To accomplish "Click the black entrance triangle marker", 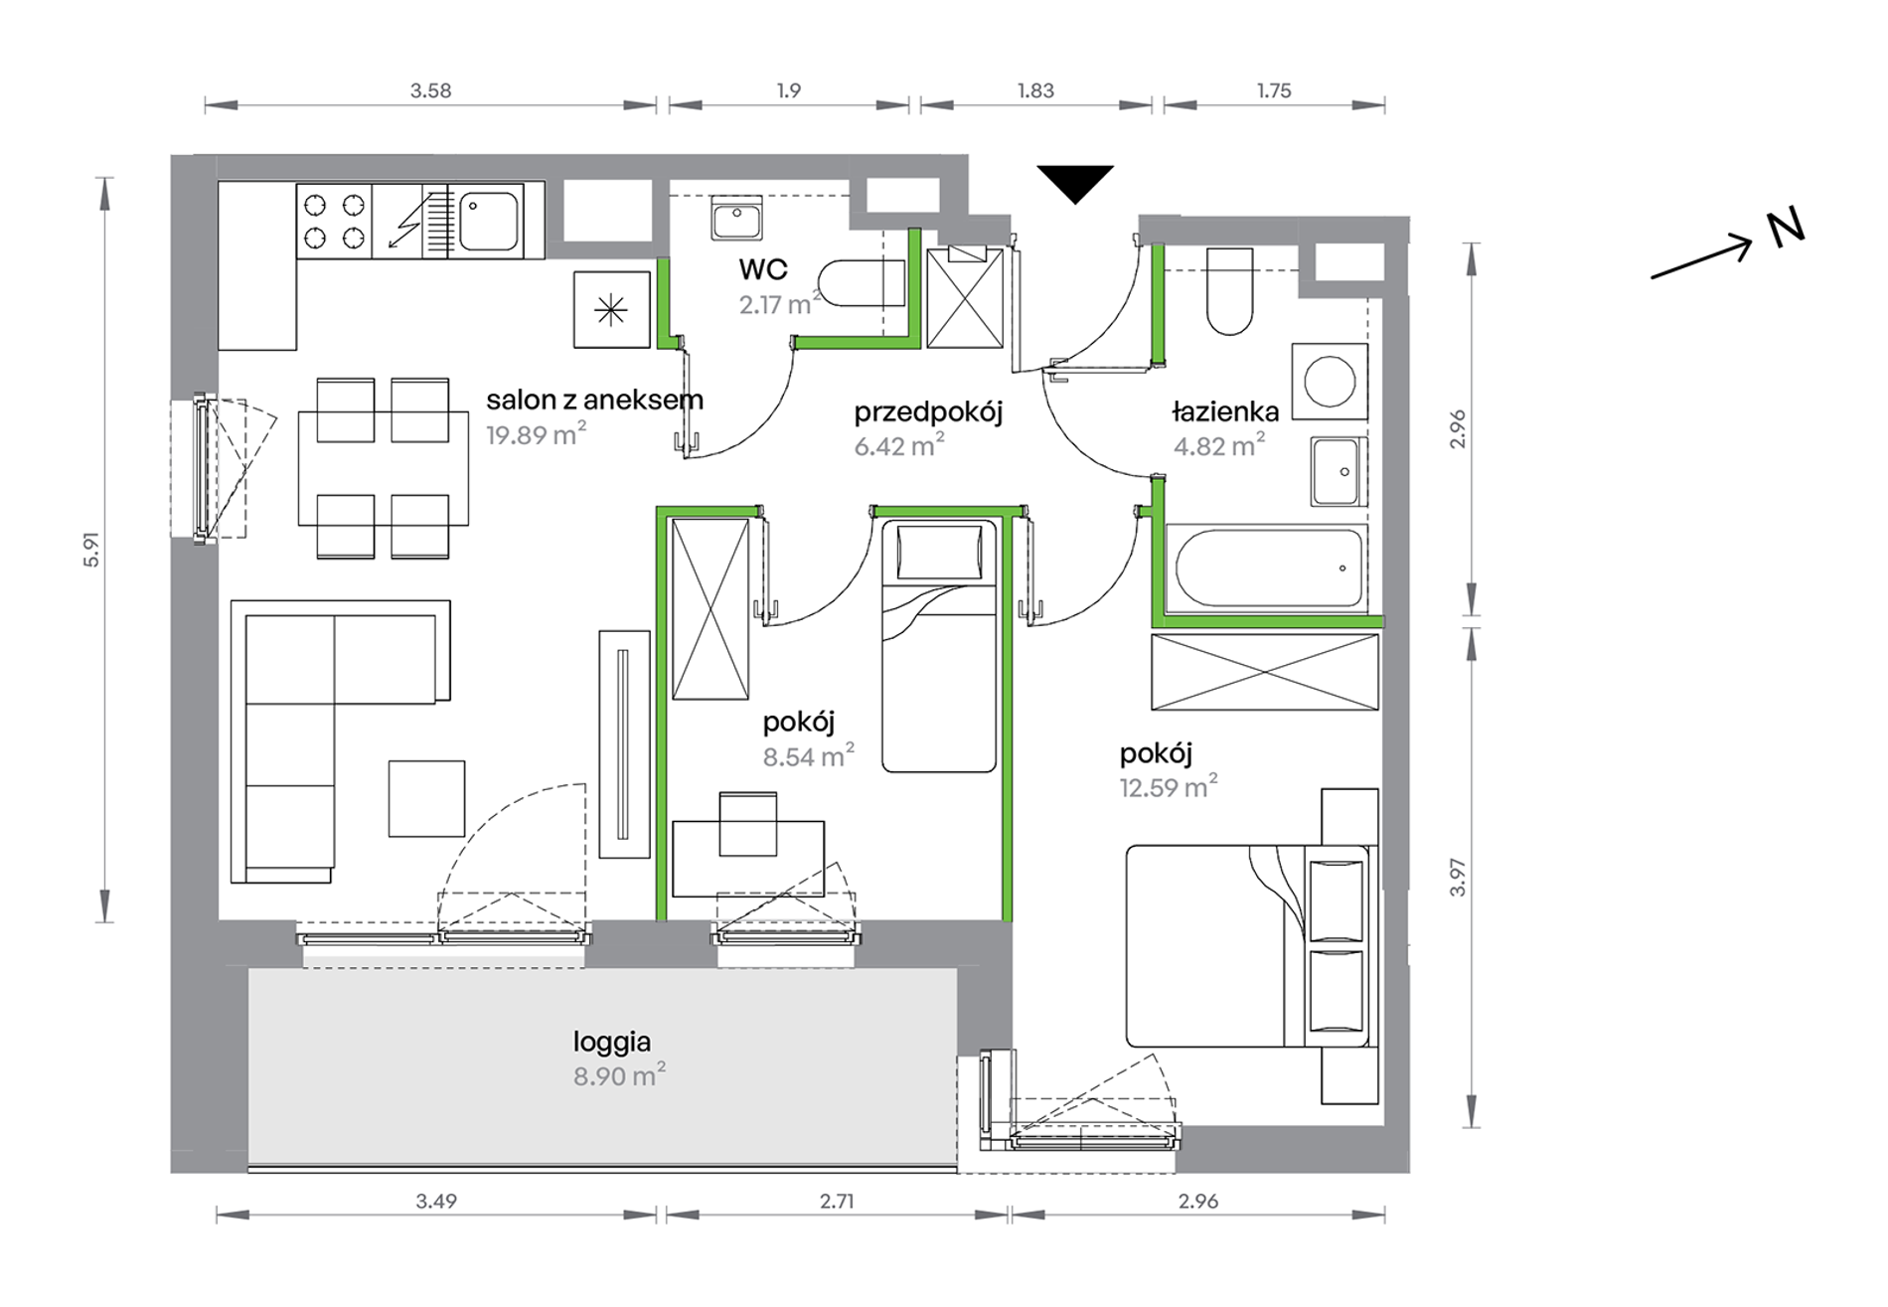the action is pyautogui.click(x=1075, y=182).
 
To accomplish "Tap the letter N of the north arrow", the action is pyautogui.click(x=1785, y=230).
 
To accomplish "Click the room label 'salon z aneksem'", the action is pyautogui.click(x=594, y=400).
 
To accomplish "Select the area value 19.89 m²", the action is pyautogui.click(x=536, y=433).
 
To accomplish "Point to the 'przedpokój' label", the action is pyautogui.click(x=928, y=411).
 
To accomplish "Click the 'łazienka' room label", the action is pyautogui.click(x=1225, y=411).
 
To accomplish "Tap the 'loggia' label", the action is pyautogui.click(x=612, y=1043).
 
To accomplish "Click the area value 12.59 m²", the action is pyautogui.click(x=1168, y=787).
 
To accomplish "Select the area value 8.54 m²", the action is pyautogui.click(x=808, y=756).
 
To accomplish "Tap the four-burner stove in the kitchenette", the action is pyautogui.click(x=335, y=221).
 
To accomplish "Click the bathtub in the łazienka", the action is pyautogui.click(x=1268, y=568).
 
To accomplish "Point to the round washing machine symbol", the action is pyautogui.click(x=1330, y=382).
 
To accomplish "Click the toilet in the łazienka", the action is pyautogui.click(x=1229, y=291).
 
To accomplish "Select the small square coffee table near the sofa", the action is pyautogui.click(x=426, y=798).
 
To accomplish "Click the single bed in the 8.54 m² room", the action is pyautogui.click(x=939, y=645).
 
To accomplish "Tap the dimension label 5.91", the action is pyautogui.click(x=91, y=550).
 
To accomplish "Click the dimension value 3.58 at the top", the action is pyautogui.click(x=431, y=90).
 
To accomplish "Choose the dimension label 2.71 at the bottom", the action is pyautogui.click(x=837, y=1201).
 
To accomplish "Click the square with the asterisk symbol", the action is pyautogui.click(x=611, y=310).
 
